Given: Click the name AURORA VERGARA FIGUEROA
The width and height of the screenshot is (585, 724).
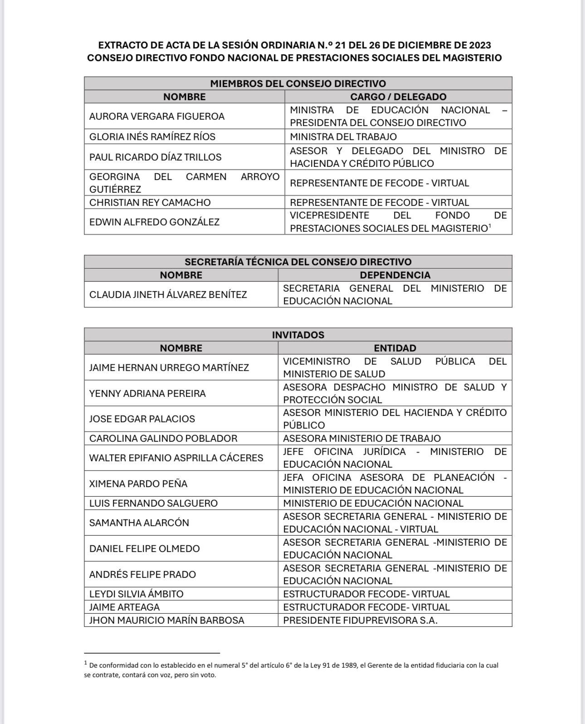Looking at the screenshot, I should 156,116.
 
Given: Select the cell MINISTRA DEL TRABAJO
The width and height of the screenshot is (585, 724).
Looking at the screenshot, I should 343,137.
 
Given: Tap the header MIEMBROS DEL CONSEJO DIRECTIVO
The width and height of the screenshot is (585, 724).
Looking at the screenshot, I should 298,83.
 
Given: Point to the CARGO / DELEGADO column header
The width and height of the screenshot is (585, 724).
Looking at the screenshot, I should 398,97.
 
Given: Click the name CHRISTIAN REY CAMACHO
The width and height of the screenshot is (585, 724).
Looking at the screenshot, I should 150,202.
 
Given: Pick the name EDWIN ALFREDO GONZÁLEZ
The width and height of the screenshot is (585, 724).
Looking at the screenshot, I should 154,222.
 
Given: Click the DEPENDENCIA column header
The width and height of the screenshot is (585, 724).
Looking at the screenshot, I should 395,275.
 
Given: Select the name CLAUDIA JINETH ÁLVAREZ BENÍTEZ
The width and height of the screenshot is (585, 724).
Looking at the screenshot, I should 168,294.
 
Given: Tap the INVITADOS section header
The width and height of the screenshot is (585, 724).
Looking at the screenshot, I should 298,335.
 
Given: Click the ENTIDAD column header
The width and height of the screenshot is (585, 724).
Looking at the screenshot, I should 395,348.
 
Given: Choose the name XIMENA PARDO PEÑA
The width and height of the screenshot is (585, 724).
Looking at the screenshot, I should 138,484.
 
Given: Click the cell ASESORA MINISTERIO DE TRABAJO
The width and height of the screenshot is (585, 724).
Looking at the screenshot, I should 362,438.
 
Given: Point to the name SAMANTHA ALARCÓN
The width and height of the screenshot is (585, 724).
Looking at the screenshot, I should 139,523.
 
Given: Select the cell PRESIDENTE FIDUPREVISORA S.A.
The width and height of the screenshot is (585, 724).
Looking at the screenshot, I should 360,620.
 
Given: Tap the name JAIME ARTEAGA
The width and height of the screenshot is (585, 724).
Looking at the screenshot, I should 124,607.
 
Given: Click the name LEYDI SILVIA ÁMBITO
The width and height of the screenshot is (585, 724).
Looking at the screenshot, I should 136,594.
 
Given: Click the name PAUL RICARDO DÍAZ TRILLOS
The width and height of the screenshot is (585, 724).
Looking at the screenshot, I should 155,157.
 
